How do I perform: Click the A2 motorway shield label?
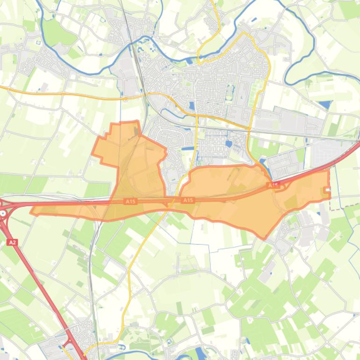pos(13,242)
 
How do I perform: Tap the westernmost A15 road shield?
pos(130,202)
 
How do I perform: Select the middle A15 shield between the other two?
pos(188,200)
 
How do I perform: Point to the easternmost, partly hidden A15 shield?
pos(273,186)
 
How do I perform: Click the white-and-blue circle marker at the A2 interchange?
pos(3,213)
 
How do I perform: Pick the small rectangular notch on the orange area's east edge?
pos(327,190)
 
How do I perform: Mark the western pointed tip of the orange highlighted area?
pos(32,211)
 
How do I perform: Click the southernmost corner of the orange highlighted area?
pos(265,238)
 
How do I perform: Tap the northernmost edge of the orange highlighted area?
pos(124,122)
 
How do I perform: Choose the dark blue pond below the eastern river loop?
pos(324,104)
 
